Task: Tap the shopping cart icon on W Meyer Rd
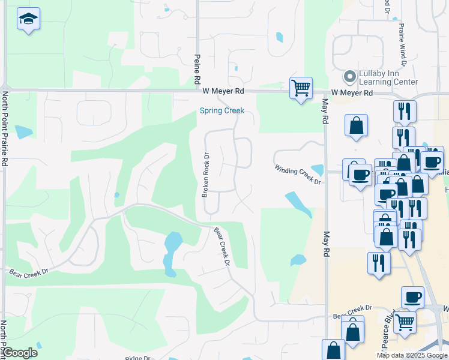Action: (x=301, y=88)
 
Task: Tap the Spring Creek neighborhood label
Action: (x=222, y=110)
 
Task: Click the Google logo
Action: (x=20, y=353)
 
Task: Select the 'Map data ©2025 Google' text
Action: (x=412, y=355)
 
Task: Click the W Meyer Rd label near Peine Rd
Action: (x=223, y=91)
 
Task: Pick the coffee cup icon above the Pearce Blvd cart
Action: (x=413, y=297)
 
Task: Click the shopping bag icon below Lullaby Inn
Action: (x=356, y=126)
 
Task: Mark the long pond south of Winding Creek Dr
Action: (x=298, y=203)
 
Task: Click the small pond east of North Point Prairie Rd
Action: (x=23, y=132)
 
